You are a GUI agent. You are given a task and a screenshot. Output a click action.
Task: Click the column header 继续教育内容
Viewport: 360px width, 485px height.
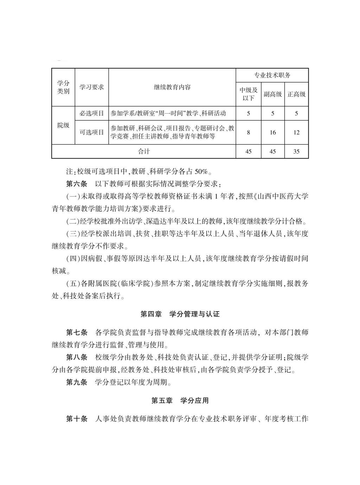pos(172,87)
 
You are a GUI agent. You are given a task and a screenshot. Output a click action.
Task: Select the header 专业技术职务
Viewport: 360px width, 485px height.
pos(272,75)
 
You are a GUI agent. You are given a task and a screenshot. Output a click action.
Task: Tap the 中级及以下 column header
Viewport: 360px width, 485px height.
pos(248,94)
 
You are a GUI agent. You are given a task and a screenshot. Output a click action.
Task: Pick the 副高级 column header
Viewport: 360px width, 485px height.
pos(272,94)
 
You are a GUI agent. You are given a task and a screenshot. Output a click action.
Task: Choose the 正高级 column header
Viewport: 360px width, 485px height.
pos(296,94)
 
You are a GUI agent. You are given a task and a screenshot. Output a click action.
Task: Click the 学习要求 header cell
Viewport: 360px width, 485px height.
pos(91,87)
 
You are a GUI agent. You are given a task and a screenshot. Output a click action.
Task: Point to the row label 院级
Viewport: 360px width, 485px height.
pos(63,125)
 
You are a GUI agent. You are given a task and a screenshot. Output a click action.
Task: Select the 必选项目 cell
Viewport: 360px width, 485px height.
pos(91,113)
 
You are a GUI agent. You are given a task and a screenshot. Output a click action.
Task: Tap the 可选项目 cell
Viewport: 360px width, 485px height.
pos(91,132)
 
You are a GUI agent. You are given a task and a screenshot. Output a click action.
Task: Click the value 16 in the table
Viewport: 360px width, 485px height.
pos(272,133)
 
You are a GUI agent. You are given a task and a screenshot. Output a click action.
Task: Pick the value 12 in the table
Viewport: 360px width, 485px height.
pos(296,133)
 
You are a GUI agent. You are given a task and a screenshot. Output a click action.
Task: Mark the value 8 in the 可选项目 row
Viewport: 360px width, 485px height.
pos(248,133)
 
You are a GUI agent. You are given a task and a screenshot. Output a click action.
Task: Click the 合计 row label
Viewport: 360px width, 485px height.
pos(143,152)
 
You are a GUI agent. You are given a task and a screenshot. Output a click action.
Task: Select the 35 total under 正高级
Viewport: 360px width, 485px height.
pos(296,152)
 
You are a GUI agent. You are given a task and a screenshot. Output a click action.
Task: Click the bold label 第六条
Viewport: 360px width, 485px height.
pos(77,184)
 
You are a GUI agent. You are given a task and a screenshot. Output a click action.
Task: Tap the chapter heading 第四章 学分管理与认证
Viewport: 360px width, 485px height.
pos(180,314)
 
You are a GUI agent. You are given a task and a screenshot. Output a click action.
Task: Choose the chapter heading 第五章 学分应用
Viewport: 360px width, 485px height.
pos(180,401)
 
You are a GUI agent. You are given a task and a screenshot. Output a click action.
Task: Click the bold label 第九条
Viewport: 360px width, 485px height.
pos(77,382)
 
